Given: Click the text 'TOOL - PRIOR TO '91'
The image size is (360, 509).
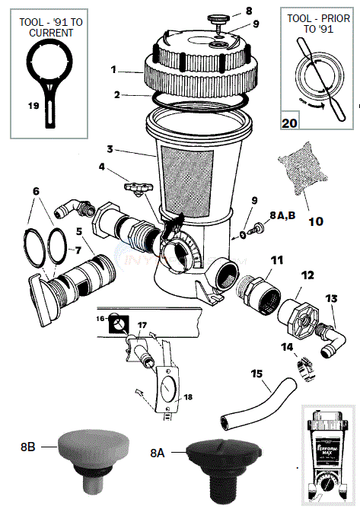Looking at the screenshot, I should click(320, 28).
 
